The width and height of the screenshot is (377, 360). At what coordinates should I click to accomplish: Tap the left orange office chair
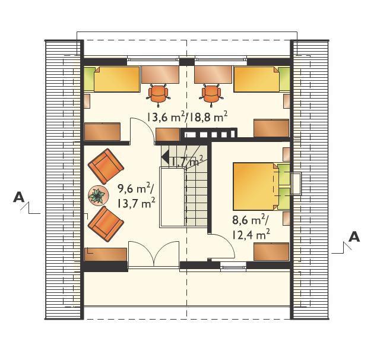(158, 95)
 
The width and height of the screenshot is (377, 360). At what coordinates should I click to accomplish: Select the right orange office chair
(211, 95)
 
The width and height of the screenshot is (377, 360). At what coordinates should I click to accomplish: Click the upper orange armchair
(106, 166)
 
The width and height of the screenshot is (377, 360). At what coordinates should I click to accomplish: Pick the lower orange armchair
(106, 224)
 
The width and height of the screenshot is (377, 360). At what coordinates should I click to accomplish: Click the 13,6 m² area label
(166, 118)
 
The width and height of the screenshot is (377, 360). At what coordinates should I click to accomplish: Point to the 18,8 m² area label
(208, 118)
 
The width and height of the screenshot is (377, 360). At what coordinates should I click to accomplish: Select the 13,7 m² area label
(136, 203)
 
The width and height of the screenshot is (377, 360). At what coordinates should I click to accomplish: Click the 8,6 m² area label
(250, 220)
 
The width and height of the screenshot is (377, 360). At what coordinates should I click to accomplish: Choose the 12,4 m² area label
(251, 234)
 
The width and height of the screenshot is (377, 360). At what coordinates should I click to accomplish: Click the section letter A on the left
(19, 197)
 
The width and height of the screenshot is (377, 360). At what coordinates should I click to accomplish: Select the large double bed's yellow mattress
(254, 187)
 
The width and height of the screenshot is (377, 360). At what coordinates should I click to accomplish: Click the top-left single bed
(112, 79)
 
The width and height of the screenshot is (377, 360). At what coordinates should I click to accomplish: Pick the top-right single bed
(262, 79)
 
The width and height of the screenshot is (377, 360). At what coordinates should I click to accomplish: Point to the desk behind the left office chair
(160, 75)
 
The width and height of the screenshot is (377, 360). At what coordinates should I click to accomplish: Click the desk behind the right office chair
(213, 75)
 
